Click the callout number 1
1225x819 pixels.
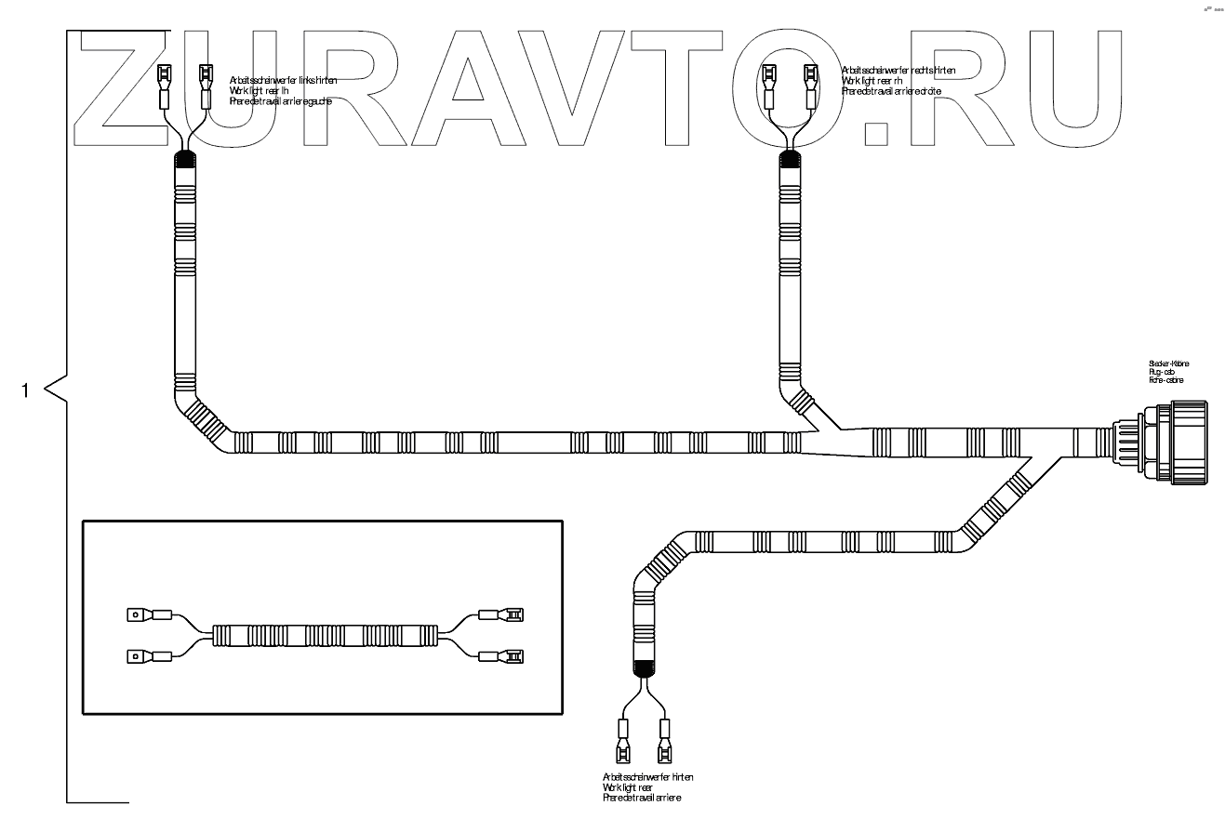click(x=26, y=390)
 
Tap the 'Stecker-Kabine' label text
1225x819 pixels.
click(x=1168, y=363)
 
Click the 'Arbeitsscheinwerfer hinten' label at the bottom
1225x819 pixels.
click(x=647, y=776)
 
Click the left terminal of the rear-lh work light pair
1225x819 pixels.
click(x=166, y=83)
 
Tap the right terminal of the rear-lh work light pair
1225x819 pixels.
click(x=206, y=83)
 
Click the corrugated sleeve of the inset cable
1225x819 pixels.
click(x=325, y=636)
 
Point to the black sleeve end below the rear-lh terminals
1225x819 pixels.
click(x=186, y=159)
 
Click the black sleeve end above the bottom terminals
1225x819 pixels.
click(x=644, y=667)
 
